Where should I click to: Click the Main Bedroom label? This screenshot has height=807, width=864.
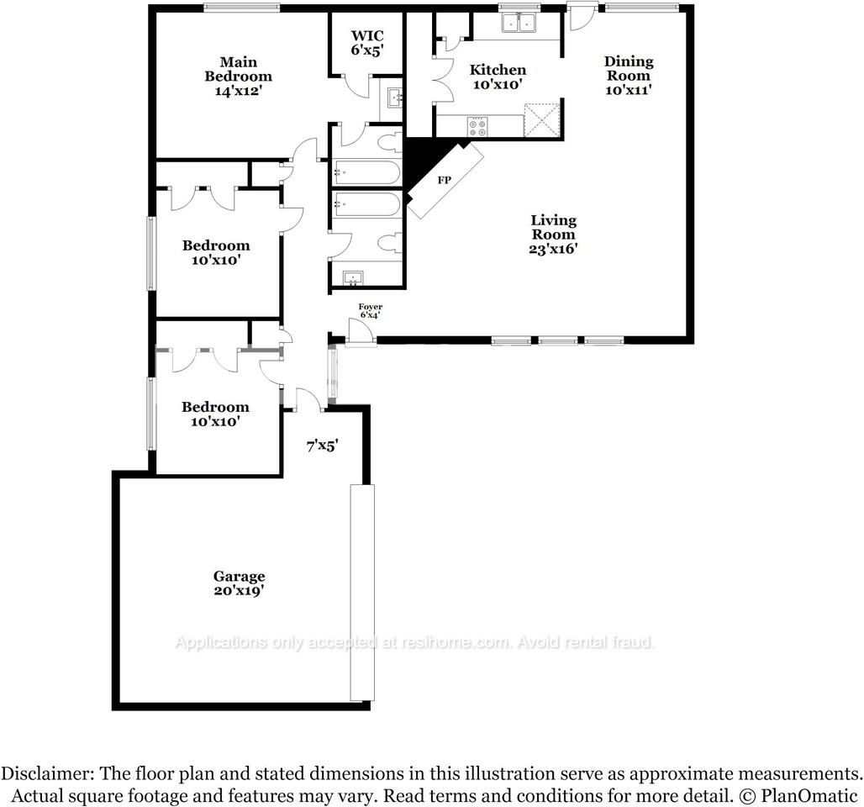(x=238, y=76)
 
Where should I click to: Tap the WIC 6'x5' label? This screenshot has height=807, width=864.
(x=367, y=43)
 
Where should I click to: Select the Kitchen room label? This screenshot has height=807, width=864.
(x=498, y=76)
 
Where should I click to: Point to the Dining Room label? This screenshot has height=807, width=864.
(x=629, y=76)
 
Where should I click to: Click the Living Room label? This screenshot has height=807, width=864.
(x=553, y=235)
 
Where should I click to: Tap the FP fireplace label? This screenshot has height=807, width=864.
(x=444, y=180)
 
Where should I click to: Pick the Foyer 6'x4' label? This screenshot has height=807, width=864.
(x=371, y=311)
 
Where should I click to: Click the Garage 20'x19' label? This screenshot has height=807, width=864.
(x=240, y=583)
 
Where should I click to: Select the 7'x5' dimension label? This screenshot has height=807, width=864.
(x=322, y=446)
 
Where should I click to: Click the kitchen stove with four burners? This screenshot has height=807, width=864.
(x=477, y=127)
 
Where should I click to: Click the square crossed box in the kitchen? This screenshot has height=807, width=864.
(x=541, y=119)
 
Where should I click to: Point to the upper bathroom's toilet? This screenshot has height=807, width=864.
(x=391, y=142)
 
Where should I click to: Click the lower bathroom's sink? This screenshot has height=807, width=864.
(x=351, y=278)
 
